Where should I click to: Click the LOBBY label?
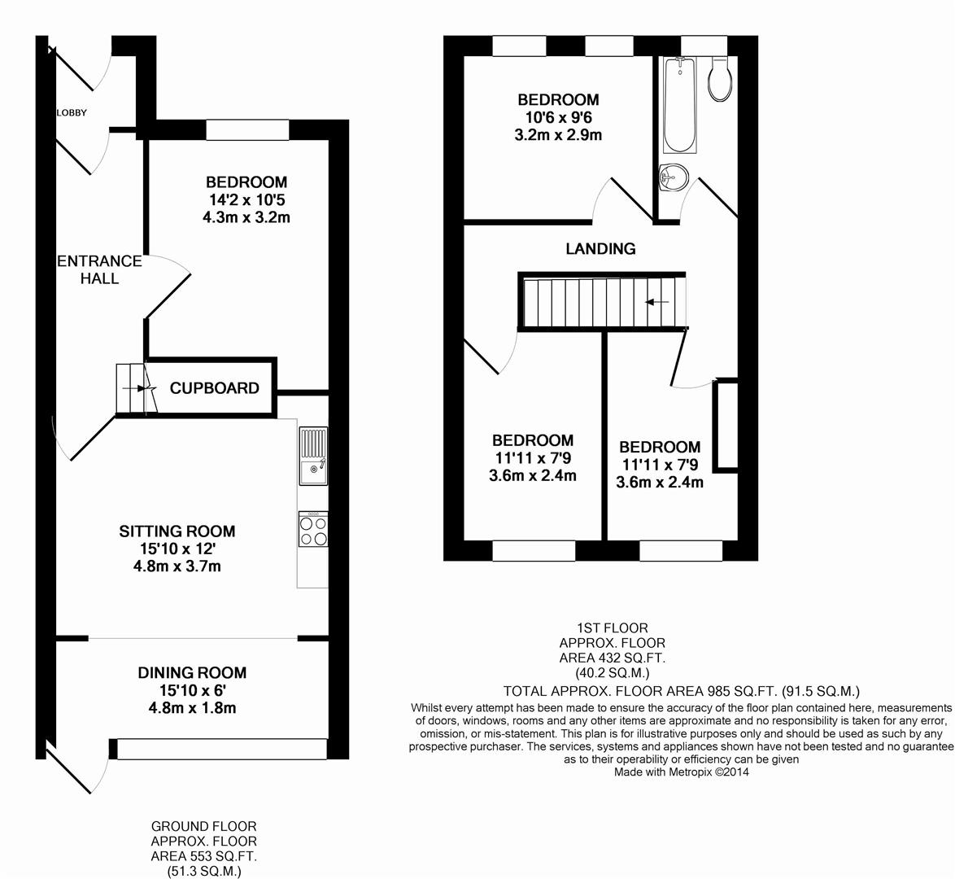click(72, 113)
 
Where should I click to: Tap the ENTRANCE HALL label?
click(99, 269)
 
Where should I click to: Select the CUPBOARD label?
click(215, 388)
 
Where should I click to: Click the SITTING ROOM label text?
click(177, 531)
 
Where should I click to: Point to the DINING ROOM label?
click(193, 673)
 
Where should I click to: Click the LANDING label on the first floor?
click(600, 249)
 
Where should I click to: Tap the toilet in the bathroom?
click(720, 79)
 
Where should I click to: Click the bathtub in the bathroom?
click(679, 104)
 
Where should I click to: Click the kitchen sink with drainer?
click(313, 456)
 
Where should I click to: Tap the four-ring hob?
click(313, 529)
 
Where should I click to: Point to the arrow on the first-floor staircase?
click(657, 302)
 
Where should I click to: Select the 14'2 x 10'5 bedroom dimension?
click(247, 200)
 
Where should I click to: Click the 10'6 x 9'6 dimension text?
click(559, 118)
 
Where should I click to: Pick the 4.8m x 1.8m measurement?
click(193, 708)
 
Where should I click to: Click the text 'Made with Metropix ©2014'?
click(682, 772)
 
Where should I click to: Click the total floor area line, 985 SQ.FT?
click(682, 691)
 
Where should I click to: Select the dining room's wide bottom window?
click(222, 749)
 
